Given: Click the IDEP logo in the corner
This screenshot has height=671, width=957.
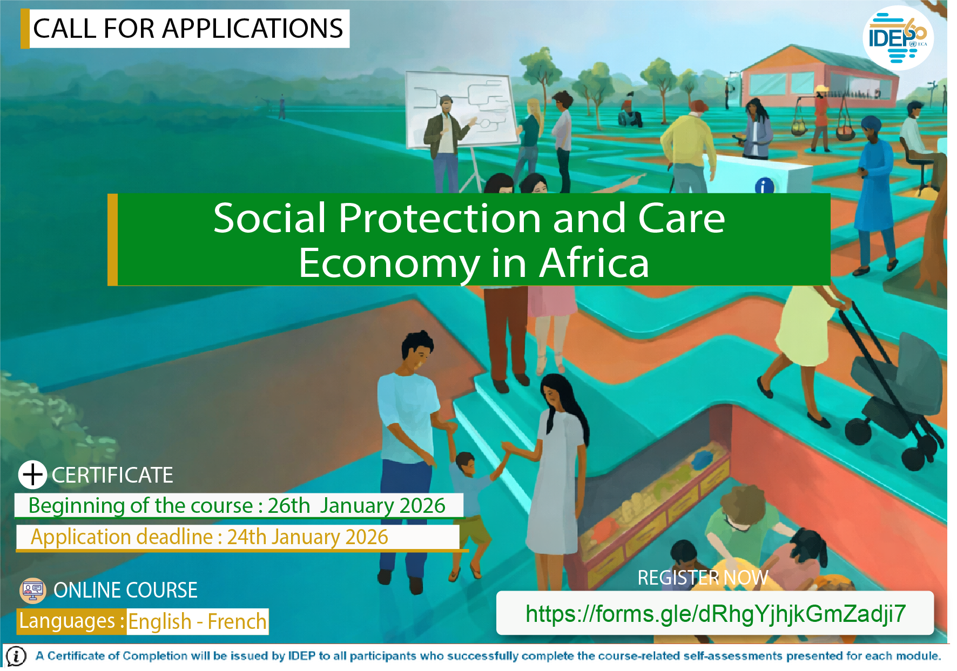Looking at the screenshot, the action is [898, 38].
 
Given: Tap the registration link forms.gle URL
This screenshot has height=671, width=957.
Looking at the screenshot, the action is [716, 614].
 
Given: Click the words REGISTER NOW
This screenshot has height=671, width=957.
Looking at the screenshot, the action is [703, 578].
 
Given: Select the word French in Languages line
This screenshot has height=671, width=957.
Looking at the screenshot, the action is [237, 622].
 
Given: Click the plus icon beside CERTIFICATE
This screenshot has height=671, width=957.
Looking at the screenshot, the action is [33, 475].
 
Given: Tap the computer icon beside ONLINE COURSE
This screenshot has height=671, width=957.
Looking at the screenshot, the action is [33, 591].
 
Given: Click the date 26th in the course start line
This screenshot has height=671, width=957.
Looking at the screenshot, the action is [289, 506].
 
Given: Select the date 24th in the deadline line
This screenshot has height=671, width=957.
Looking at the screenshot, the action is [247, 537].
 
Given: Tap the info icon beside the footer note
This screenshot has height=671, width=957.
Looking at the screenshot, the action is [16, 656].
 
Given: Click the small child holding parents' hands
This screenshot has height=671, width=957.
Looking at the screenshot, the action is [470, 513].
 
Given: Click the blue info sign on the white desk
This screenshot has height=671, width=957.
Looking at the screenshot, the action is [764, 186].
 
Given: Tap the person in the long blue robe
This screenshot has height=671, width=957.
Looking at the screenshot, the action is [874, 194].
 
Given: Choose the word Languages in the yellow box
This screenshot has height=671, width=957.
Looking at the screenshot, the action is [67, 621].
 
